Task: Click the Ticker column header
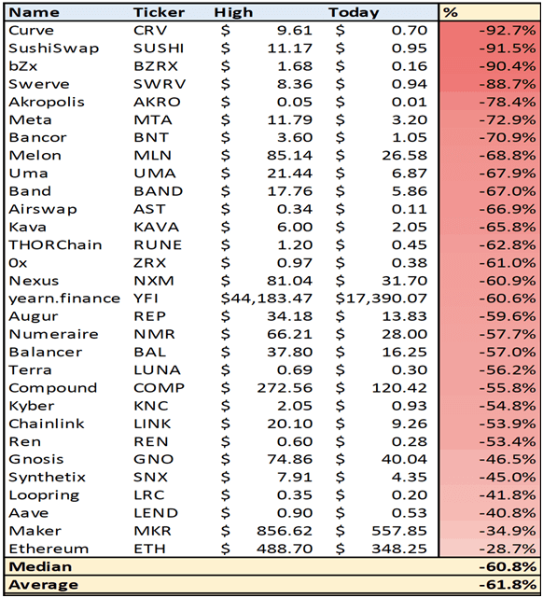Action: click(159, 12)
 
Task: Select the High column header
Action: click(233, 12)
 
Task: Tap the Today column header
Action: click(354, 12)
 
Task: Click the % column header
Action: click(451, 12)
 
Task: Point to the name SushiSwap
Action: click(54, 49)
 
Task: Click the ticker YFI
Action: click(146, 299)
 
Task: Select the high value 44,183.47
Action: click(267, 299)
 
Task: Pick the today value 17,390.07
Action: click(382, 299)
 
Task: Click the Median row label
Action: click(40, 566)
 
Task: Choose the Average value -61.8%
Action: click(508, 585)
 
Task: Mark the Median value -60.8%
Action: click(508, 566)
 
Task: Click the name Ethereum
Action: click(49, 549)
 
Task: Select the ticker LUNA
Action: click(157, 370)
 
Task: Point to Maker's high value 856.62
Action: click(285, 531)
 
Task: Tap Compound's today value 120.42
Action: click(399, 388)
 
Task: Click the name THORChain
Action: click(55, 244)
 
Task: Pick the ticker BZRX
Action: click(156, 66)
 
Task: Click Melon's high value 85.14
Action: click(290, 156)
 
